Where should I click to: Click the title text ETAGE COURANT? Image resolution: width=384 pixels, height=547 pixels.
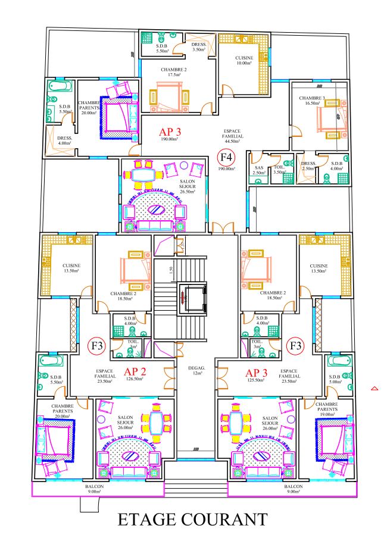(x=192, y=520)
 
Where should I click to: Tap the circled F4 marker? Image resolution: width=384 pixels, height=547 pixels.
(x=226, y=157)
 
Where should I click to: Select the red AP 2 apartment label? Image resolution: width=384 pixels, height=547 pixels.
(x=135, y=372)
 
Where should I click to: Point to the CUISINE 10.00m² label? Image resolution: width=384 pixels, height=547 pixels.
(x=244, y=60)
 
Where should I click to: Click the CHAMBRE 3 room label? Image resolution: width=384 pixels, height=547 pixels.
(x=312, y=101)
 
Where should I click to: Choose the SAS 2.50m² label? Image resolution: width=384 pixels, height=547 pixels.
(x=259, y=170)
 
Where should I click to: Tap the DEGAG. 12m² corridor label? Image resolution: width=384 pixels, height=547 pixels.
(x=196, y=370)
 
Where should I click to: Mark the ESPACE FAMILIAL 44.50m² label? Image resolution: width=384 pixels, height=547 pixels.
(x=232, y=136)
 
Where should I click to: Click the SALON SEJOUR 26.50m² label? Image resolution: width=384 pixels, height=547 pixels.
(x=188, y=186)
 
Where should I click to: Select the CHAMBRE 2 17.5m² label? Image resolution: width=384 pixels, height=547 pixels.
(x=173, y=72)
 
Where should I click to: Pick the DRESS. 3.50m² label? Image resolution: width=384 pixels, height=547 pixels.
(x=199, y=47)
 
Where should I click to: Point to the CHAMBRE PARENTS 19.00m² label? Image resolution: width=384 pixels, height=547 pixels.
(x=327, y=409)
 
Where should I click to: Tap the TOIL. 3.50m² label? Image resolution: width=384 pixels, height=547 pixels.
(x=279, y=170)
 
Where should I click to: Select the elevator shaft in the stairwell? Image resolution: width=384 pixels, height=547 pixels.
(x=192, y=299)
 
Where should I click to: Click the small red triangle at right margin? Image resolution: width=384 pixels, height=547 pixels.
(x=374, y=388)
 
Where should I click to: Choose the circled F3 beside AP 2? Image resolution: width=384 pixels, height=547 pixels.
(x=97, y=346)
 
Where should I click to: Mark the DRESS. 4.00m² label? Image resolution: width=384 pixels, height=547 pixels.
(x=64, y=140)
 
